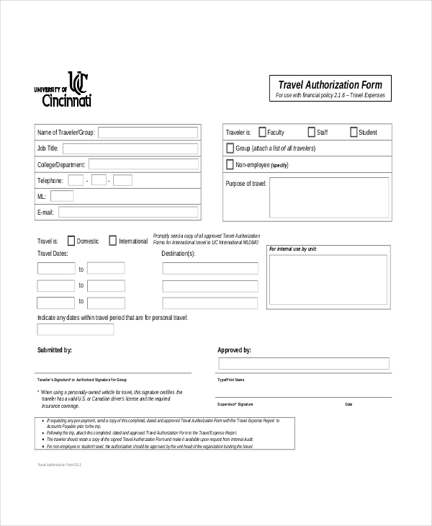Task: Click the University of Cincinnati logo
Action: pyautogui.click(x=63, y=90)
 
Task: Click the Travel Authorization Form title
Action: pyautogui.click(x=330, y=84)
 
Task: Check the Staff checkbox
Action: pyautogui.click(x=312, y=132)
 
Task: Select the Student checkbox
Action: pyautogui.click(x=354, y=132)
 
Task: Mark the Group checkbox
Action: pyautogui.click(x=230, y=148)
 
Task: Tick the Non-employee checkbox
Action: pyautogui.click(x=230, y=165)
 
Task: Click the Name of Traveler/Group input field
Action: pyautogui.click(x=148, y=132)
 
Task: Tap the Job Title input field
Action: pyautogui.click(x=130, y=148)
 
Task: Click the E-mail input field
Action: pyautogui.click(x=127, y=213)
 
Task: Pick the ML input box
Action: pyautogui.click(x=62, y=196)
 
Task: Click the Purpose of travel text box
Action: pyautogui.click(x=329, y=197)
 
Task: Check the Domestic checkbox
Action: pyautogui.click(x=71, y=241)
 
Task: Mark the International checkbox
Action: pyautogui.click(x=113, y=241)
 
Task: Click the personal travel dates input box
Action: pyautogui.click(x=76, y=329)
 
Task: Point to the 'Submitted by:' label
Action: pyautogui.click(x=55, y=350)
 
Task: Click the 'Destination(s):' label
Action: pyautogui.click(x=179, y=254)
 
